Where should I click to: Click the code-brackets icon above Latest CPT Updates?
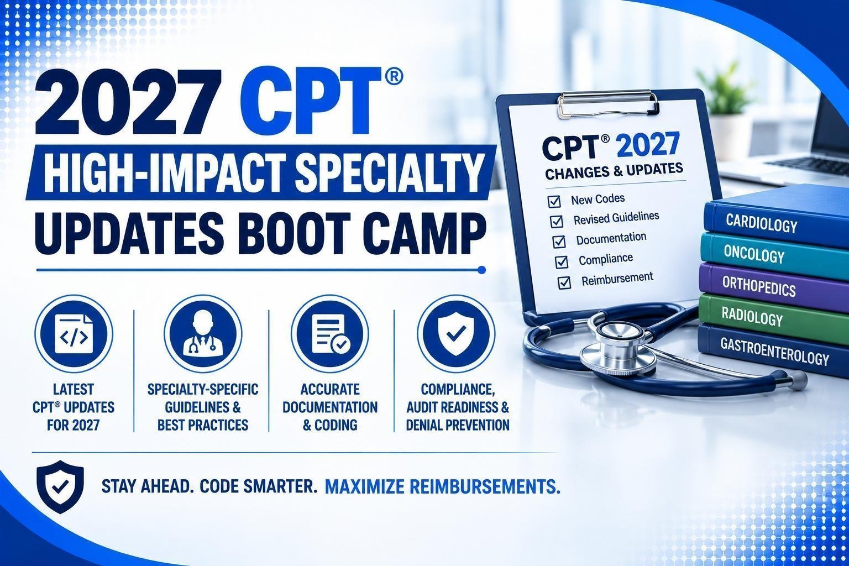click(74, 334)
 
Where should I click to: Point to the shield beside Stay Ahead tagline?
click(60, 487)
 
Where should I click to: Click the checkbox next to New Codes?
click(554, 201)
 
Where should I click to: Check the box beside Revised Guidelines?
click(557, 221)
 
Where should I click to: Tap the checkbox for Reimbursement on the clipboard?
click(564, 282)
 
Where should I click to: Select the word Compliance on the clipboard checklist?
click(606, 259)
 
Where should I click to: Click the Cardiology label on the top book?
click(762, 224)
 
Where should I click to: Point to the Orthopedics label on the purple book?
click(759, 287)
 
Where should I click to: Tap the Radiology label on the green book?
click(752, 317)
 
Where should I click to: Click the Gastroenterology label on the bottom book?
click(775, 352)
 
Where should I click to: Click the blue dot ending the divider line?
click(482, 270)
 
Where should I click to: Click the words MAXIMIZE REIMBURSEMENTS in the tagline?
click(443, 487)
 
